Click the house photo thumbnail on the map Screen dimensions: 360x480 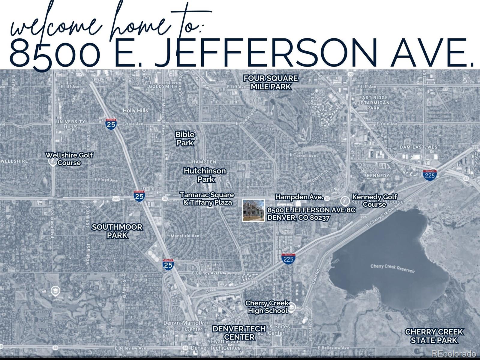(x=253, y=210)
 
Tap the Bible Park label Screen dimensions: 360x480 (x=185, y=139)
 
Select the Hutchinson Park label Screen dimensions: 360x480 (x=205, y=175)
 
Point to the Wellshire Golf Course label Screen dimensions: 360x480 (x=69, y=159)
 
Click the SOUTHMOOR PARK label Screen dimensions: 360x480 (x=117, y=231)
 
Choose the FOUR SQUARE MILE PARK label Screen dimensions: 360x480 (x=271, y=82)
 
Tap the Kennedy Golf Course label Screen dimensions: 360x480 (x=374, y=200)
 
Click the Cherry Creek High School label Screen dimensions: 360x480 (x=267, y=307)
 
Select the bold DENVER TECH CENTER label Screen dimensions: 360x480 (x=239, y=333)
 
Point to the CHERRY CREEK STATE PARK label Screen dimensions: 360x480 (x=434, y=336)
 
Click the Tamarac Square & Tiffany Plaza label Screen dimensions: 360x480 (x=207, y=199)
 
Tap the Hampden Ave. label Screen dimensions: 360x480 (x=299, y=197)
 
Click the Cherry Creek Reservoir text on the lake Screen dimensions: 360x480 (x=392, y=268)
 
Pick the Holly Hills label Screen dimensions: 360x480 (x=135, y=110)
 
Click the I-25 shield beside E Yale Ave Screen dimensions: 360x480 (x=111, y=124)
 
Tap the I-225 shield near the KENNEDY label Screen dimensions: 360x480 (x=430, y=175)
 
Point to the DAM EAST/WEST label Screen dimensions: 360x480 (x=420, y=147)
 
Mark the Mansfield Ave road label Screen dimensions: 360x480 (x=185, y=236)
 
